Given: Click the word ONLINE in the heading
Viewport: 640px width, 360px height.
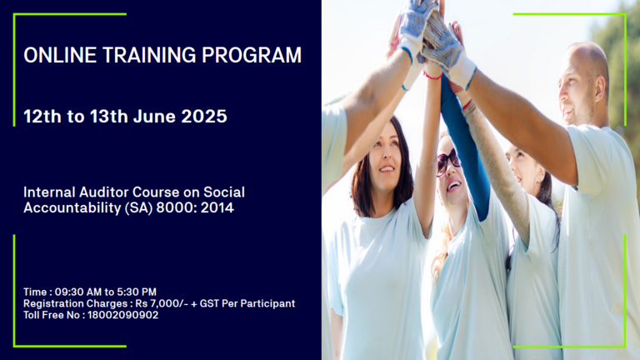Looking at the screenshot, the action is (60, 55).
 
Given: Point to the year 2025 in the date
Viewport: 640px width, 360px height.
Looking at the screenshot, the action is (204, 117).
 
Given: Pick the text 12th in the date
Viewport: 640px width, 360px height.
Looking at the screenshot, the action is (42, 117).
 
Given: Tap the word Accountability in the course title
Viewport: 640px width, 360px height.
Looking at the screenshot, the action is (72, 208).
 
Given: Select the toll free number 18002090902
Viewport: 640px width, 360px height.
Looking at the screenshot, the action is (122, 315).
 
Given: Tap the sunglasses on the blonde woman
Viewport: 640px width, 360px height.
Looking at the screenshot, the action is (447, 161).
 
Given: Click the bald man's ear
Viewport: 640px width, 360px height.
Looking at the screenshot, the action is (599, 88).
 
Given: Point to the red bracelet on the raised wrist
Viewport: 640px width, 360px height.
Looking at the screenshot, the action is (432, 76).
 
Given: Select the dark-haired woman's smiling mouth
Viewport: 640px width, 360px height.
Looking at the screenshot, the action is (387, 168).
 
